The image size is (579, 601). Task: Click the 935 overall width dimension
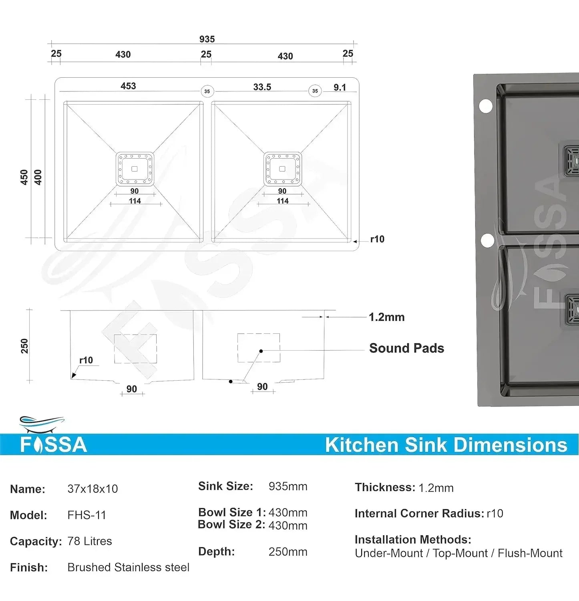coord(207,39)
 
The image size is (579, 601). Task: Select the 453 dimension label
coord(128,86)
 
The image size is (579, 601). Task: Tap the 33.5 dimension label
coord(262,87)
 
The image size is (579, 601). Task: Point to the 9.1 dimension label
coord(340,87)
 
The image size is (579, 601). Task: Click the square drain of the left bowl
coord(135,169)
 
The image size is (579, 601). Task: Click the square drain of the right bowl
coord(282,169)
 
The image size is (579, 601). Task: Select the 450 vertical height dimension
coord(24,177)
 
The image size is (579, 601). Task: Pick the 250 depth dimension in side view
coord(24,346)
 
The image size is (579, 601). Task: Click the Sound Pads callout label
coord(406,348)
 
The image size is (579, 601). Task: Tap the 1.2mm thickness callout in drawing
coord(386,317)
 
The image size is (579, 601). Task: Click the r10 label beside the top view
coord(377,239)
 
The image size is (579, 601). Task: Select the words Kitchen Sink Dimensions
coord(446,445)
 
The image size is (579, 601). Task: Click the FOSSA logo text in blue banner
coord(54,445)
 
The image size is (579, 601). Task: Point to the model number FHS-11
coord(86,515)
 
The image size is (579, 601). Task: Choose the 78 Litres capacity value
coord(90,541)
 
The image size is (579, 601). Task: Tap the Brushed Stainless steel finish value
coord(128,567)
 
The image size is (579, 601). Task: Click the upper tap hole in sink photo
coord(486,106)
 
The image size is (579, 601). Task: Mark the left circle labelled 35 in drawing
coord(207,91)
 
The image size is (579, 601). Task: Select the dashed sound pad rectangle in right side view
coord(258,348)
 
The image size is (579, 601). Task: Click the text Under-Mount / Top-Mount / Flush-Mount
coord(458,553)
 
